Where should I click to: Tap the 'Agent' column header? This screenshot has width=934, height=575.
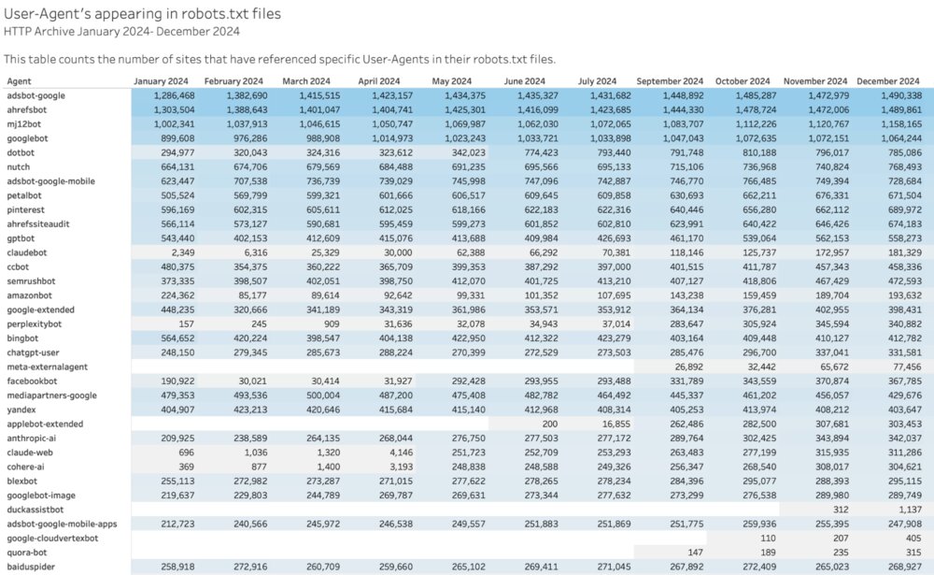tap(20, 81)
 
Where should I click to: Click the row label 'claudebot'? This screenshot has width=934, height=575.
tap(28, 252)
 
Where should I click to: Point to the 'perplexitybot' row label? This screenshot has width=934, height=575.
tap(35, 323)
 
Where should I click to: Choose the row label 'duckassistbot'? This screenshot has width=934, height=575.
tap(36, 510)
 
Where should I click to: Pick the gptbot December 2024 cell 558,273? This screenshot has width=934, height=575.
tap(902, 238)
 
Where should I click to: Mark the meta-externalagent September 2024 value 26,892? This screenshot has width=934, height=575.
tap(687, 367)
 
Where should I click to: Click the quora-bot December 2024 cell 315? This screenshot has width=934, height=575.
tap(913, 553)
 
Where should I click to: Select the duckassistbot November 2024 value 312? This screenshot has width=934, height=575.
tap(840, 510)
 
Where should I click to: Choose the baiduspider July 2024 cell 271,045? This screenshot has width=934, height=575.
tap(612, 567)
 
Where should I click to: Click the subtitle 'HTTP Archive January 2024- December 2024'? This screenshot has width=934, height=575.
tap(121, 31)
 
